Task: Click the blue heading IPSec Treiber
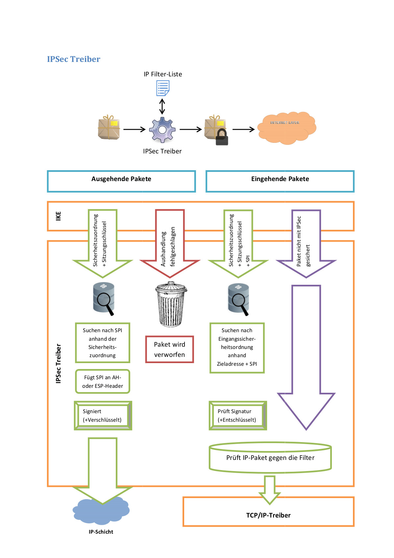[73, 59]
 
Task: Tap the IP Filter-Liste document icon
[162, 88]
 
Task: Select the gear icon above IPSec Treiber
[162, 130]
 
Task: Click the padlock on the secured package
[222, 137]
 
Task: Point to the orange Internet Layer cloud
[286, 128]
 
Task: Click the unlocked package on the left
[109, 128]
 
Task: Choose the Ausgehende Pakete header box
[121, 181]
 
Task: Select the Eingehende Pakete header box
[280, 181]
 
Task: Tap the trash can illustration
[170, 305]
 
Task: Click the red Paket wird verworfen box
[169, 349]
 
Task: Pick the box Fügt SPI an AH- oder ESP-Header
[103, 382]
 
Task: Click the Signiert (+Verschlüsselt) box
[103, 415]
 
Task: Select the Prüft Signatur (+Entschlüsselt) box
[237, 415]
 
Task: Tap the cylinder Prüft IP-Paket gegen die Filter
[270, 458]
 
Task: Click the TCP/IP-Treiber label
[268, 515]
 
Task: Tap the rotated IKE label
[58, 216]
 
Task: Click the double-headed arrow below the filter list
[162, 106]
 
